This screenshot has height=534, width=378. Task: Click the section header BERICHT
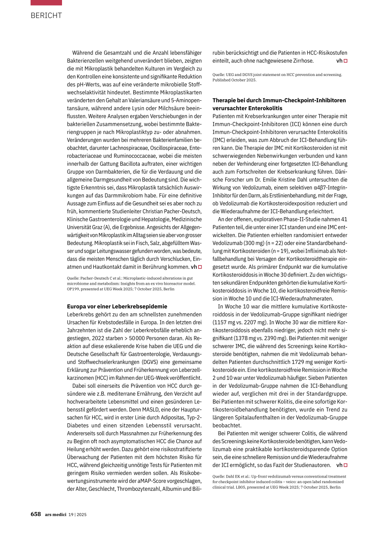[x=46, y=15]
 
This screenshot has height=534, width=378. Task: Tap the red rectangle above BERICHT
[x=46, y=3]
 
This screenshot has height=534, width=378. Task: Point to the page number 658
[x=36, y=514]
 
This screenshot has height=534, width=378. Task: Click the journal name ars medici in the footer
[x=55, y=514]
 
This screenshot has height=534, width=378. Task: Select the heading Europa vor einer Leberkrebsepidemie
[x=117, y=306]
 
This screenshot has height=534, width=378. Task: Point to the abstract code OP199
[x=73, y=289]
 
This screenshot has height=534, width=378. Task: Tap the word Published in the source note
[x=222, y=80]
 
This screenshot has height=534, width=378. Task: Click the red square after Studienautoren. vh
[x=346, y=465]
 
